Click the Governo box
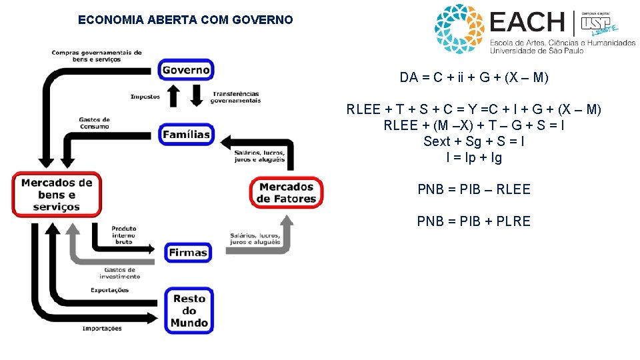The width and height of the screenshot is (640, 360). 186,69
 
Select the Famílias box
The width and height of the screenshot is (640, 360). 186,134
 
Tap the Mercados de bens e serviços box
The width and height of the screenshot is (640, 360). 57,194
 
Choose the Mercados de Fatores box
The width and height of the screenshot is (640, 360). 286,193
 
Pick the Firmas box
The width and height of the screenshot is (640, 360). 188,253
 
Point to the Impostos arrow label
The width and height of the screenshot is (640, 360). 145,97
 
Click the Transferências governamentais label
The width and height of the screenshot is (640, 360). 235,97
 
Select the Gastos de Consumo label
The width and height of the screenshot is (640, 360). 94,123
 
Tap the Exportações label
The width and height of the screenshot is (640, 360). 109,290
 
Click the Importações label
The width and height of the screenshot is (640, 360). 102,328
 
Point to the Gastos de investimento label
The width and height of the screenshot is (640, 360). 120,273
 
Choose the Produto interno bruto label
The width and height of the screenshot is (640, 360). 124,235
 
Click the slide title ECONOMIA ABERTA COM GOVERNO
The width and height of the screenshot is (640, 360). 185,20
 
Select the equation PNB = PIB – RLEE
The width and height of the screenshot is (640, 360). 474,189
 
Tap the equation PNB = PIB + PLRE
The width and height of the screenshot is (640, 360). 474,221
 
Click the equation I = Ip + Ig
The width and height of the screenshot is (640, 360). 474,158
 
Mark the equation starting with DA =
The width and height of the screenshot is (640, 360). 474,77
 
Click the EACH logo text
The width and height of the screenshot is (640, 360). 527,22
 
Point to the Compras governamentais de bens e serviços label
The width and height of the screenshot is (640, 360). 97,56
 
